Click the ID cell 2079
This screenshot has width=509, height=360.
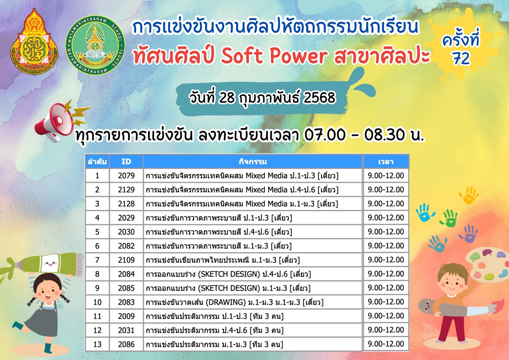126,176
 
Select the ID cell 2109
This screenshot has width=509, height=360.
126,260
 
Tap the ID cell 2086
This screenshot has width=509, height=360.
126,344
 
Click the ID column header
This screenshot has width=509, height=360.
126,162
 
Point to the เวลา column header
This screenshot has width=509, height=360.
386,162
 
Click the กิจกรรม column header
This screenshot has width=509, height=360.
252,162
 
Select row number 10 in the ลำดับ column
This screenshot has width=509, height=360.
97,302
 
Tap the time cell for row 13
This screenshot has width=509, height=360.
386,344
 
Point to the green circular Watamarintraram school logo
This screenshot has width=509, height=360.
95,45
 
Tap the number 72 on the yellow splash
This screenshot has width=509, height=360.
461,59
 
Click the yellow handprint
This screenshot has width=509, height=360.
469,195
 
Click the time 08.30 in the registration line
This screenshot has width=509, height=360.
385,135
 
